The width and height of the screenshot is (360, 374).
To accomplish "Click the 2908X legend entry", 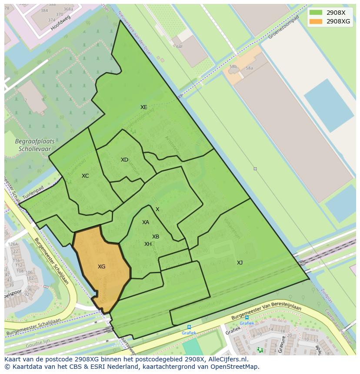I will pos(336,13).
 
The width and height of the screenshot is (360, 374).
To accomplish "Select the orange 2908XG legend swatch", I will pos(316,21).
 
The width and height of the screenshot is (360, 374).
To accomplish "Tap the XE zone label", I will pos(143,107).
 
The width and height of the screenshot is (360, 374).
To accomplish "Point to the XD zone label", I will pos(124,160).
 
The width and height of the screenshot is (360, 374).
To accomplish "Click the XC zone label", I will pos(85,176).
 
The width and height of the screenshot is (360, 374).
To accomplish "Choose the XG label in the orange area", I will pos(101,267).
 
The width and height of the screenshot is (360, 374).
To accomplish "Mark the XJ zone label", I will pos(240,262).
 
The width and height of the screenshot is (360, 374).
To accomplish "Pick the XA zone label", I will pos(146,222).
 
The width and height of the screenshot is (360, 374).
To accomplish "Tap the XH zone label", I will pos(148,244).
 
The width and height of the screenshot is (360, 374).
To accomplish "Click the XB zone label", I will pos(156,237).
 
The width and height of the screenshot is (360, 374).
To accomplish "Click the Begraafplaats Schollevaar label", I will pos(33,145).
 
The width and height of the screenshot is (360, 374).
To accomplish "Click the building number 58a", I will pos(249,68).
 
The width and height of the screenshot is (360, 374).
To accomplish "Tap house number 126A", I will pos(13,244).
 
